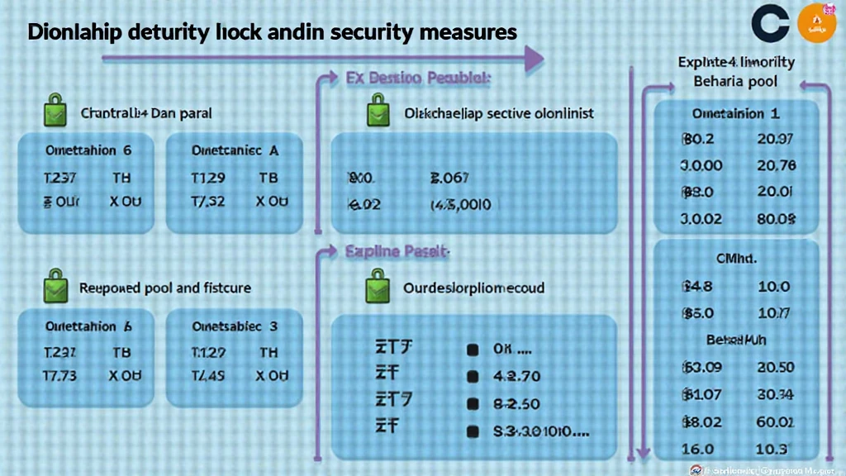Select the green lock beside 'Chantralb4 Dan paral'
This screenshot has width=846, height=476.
53,112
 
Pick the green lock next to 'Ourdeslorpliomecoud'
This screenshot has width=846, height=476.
378,288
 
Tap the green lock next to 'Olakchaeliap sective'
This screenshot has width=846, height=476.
378,112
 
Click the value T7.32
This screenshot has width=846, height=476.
208,202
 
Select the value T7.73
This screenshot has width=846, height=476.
59,375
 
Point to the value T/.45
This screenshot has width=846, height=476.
208,375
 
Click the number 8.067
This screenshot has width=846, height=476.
450,177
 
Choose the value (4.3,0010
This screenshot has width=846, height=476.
461,204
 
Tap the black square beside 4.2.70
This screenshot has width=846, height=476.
473,376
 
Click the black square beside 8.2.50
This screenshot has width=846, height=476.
473,403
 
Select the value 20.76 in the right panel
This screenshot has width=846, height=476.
777,165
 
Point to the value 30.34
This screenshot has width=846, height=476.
775,393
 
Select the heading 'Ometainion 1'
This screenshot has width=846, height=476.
735,114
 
